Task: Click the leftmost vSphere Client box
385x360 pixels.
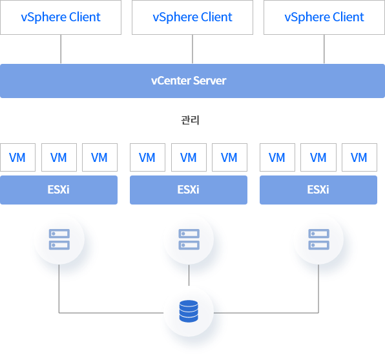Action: [x=61, y=17]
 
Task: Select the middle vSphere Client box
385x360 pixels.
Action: [x=192, y=17]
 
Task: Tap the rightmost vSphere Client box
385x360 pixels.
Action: [x=324, y=17]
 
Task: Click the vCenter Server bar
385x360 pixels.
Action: [x=192, y=81]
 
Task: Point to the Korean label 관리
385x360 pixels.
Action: [x=191, y=120]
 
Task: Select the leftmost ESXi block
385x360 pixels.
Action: [x=59, y=190]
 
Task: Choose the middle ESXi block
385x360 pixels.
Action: [x=189, y=190]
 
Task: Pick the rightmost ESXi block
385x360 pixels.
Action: [x=318, y=190]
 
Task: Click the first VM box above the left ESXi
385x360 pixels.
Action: [x=17, y=157]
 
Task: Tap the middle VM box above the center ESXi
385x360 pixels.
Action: [x=189, y=157]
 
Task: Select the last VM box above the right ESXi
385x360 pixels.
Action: [x=359, y=157]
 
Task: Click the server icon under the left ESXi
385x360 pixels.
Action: [x=59, y=239]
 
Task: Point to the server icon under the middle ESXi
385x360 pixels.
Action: [x=189, y=239]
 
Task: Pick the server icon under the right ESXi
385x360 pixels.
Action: [x=318, y=239]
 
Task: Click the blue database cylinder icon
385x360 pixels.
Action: [x=189, y=311]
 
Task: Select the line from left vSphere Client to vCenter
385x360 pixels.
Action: [x=61, y=49]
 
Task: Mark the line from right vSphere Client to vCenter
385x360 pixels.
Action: [x=324, y=49]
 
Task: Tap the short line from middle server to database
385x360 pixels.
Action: [x=189, y=275]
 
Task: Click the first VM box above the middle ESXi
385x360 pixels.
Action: [x=147, y=157]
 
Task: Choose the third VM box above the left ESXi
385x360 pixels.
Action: [x=99, y=157]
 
